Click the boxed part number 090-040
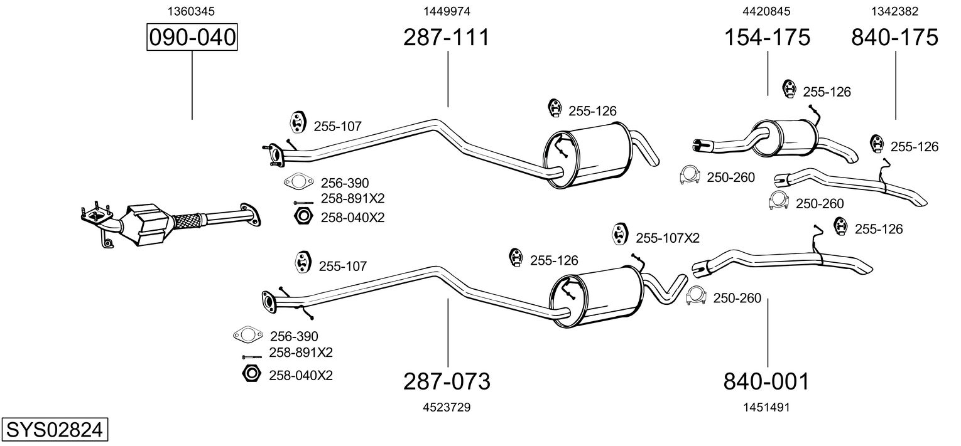click(192, 37)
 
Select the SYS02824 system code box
click(54, 429)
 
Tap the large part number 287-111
click(446, 37)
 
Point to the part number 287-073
click(447, 381)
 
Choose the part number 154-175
click(767, 37)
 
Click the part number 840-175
click(894, 37)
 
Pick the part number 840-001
click(766, 381)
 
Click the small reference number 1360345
click(191, 11)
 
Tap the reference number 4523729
click(447, 407)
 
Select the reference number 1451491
click(766, 407)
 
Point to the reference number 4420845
click(766, 11)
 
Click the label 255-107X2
click(668, 238)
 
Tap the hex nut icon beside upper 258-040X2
click(303, 216)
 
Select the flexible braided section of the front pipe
click(187, 220)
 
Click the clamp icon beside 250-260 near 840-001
click(697, 295)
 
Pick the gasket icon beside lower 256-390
click(248, 334)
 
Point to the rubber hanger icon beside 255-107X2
click(619, 234)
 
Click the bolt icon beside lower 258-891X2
click(252, 357)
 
